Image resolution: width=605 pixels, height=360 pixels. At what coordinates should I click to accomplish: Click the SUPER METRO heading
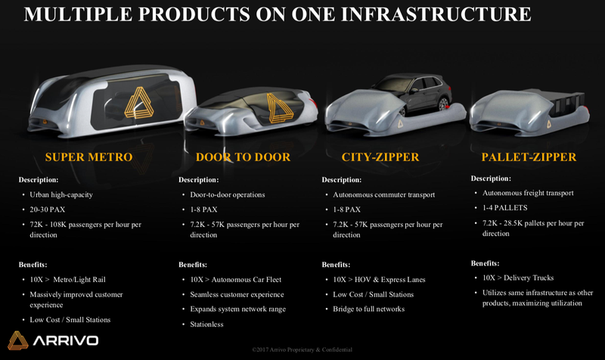tap(88, 157)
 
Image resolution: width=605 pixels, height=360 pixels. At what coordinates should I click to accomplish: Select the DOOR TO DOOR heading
tap(243, 157)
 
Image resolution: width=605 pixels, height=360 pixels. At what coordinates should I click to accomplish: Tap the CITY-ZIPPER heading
tap(380, 157)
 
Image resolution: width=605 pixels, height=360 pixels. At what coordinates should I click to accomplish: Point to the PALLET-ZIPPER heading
tap(529, 157)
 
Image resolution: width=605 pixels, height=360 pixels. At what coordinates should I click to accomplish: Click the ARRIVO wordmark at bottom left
tap(66, 340)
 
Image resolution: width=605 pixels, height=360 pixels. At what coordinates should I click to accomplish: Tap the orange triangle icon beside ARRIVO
tap(17, 340)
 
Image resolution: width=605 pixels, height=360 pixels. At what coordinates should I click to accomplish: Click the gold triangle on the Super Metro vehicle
tap(139, 102)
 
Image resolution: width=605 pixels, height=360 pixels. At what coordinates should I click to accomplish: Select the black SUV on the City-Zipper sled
tap(413, 94)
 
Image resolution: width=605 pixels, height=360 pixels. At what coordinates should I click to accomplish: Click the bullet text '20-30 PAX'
tap(48, 209)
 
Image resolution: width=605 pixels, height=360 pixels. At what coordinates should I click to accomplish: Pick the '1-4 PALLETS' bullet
tap(504, 207)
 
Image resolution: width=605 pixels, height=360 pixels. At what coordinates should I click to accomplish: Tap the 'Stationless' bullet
tap(206, 324)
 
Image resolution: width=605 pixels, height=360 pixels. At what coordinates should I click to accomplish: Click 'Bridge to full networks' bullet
tap(369, 309)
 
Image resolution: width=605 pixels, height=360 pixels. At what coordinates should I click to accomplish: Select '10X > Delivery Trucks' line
tap(518, 278)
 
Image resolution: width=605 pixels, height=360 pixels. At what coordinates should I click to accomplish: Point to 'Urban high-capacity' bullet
tap(61, 195)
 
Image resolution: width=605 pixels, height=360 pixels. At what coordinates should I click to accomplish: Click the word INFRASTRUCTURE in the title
tap(436, 14)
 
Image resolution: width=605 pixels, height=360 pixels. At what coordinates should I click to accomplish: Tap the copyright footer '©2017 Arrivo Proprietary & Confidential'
tap(302, 349)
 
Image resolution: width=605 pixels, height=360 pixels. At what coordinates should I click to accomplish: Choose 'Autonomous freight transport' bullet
tap(528, 193)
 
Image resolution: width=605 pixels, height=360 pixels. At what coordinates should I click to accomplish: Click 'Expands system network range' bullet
tap(237, 309)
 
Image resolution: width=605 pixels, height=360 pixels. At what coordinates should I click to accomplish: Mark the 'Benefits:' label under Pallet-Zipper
tap(485, 263)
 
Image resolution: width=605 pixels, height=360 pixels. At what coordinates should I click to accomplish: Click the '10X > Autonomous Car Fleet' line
tap(235, 280)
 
